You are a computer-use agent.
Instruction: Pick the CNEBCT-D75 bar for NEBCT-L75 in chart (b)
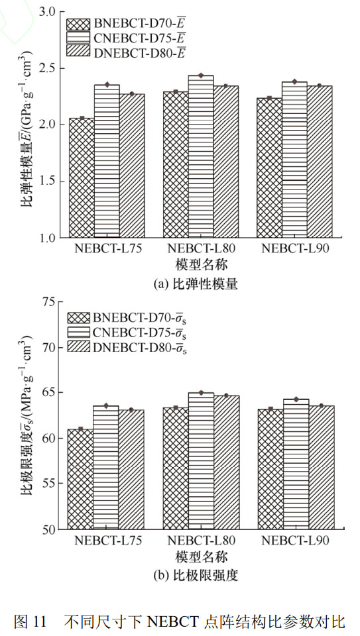pos(107,468)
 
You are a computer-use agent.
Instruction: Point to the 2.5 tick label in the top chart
pos(46,68)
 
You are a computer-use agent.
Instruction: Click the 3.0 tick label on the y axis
pos(46,12)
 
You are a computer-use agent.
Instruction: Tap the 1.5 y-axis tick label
pos(46,182)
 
